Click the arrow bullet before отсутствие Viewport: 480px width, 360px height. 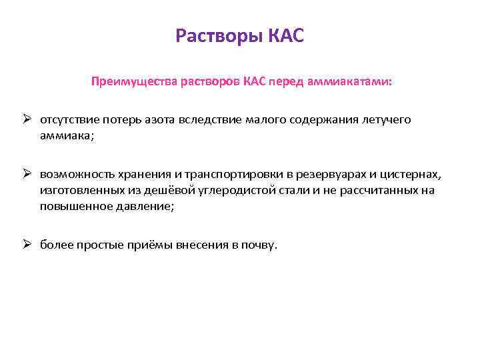[28, 119]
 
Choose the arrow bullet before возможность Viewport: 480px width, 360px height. [28, 174]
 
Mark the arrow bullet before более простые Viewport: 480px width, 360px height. [28, 245]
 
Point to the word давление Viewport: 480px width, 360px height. [143, 207]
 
